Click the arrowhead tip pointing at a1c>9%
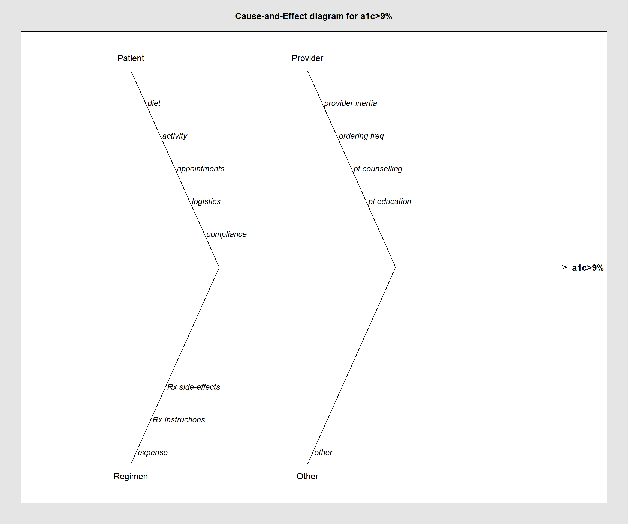pos(567,267)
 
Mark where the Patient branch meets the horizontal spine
pos(219,267)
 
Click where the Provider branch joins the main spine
pos(396,267)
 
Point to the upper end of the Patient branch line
pos(131,71)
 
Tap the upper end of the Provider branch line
pos(307,71)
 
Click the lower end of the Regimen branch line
pos(131,464)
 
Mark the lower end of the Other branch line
pos(307,464)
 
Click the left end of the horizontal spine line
pos(43,267)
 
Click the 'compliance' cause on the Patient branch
pos(227,234)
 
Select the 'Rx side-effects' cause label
pos(194,387)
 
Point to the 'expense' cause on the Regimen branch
pos(153,453)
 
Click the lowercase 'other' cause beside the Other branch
pos(324,452)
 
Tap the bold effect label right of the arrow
pos(588,268)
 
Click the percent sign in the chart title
pos(388,16)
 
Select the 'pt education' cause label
pos(390,201)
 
